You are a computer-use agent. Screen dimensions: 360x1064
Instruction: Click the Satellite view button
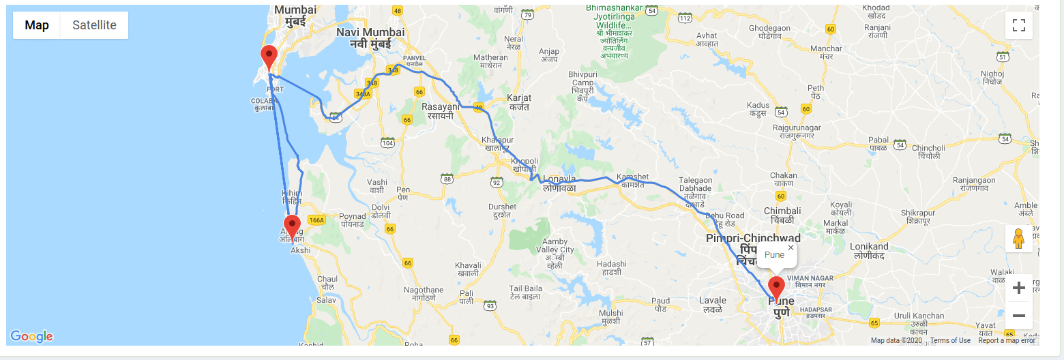point(94,25)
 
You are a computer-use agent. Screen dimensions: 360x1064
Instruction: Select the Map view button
point(37,25)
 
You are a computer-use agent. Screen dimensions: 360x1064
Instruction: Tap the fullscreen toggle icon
point(1019,25)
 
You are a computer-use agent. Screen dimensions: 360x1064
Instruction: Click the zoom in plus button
point(1019,288)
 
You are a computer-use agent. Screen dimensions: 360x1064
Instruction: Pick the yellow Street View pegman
point(1019,239)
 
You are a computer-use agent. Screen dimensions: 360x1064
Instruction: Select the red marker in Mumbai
point(269,58)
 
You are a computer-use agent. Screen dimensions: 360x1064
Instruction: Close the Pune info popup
point(790,247)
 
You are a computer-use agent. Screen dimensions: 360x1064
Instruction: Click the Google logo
point(31,336)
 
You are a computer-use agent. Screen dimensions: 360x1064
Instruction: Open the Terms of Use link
point(950,340)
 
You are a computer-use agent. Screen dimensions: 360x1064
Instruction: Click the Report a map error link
point(1006,340)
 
